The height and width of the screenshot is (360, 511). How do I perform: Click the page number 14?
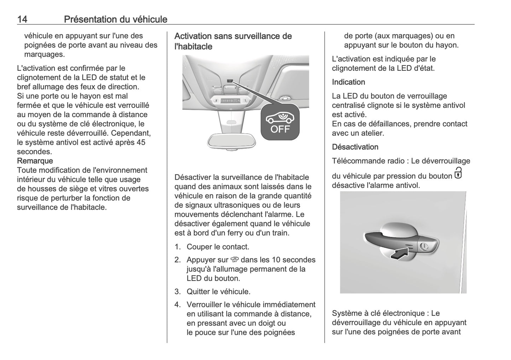(22, 19)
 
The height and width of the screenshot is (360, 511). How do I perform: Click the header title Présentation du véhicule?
(115, 19)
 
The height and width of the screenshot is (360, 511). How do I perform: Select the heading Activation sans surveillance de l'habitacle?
(233, 41)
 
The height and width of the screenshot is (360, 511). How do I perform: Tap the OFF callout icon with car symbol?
(280, 122)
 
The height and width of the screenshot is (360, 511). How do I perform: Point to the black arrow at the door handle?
(400, 253)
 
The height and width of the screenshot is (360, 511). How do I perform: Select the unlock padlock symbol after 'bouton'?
(458, 173)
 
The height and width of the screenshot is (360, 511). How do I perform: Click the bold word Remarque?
(35, 161)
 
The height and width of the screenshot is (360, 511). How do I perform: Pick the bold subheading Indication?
(348, 82)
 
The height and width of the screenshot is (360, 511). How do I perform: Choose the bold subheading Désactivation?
(355, 147)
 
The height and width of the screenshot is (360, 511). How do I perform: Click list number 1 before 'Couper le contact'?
(177, 247)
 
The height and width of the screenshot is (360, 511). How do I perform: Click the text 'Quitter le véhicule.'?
(218, 291)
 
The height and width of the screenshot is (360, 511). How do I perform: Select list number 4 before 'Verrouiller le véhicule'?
(177, 304)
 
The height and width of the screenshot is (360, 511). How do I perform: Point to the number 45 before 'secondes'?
(140, 142)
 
